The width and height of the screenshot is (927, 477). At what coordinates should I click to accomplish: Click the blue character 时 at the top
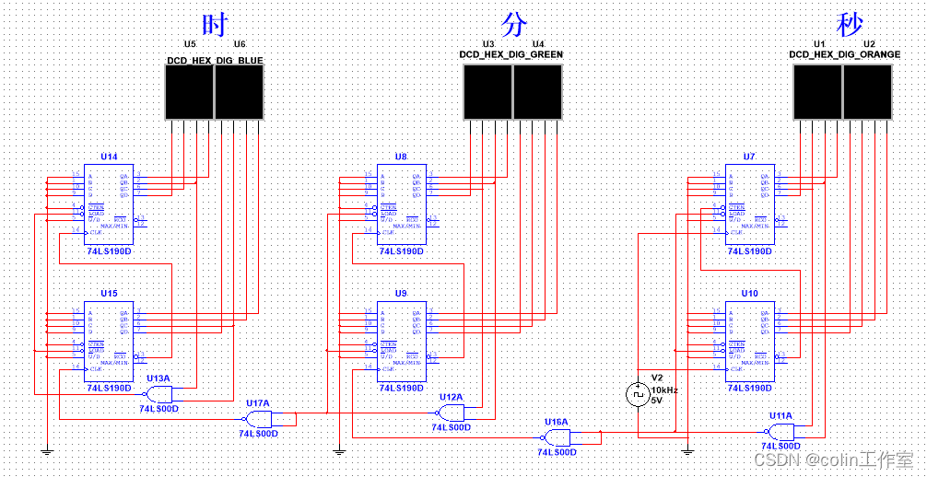point(214,24)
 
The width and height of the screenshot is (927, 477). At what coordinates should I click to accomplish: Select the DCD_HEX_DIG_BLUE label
point(215,61)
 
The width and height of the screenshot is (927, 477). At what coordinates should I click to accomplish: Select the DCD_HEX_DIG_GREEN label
point(511,54)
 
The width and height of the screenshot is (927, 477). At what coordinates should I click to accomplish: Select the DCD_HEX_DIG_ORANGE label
point(844,54)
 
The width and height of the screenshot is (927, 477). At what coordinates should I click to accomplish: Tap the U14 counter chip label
point(109,157)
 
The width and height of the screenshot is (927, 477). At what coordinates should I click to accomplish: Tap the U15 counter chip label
point(109,293)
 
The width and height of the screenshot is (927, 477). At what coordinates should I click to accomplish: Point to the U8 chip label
point(401,157)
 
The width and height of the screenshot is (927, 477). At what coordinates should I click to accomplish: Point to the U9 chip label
point(401,293)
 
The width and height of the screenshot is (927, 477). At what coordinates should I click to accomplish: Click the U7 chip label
point(749,157)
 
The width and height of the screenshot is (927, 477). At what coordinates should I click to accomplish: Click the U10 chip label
point(749,293)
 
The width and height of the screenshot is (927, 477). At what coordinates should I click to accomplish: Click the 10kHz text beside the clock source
point(664,390)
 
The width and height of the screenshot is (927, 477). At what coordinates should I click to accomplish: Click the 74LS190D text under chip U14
point(109,250)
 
